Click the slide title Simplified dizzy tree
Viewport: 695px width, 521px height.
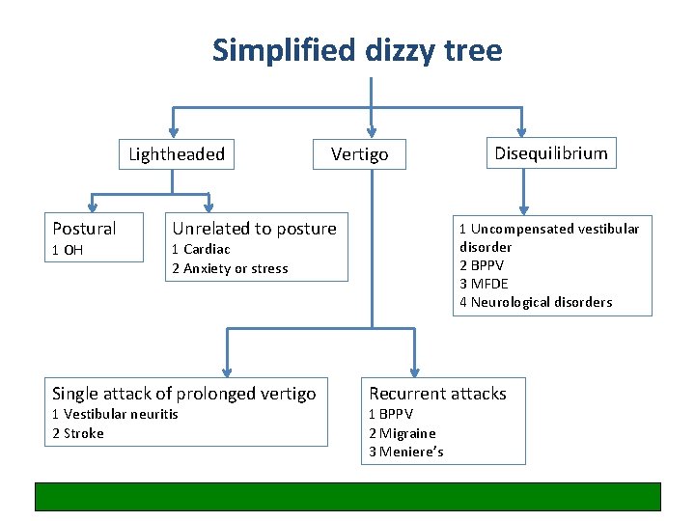(x=357, y=49)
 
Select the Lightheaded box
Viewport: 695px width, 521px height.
(x=177, y=154)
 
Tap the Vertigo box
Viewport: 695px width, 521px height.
(x=359, y=154)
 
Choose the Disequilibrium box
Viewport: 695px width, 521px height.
(x=551, y=153)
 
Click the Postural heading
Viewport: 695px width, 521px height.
(x=84, y=229)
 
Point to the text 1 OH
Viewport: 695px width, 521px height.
(x=69, y=250)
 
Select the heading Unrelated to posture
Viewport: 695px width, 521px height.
(x=254, y=229)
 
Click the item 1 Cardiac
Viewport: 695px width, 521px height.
(x=201, y=250)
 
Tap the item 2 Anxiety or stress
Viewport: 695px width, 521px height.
(x=230, y=269)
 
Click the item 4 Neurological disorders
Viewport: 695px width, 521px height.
(x=536, y=302)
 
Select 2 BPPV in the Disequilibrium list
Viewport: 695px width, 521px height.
(x=482, y=265)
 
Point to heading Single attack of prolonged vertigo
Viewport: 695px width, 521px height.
(x=183, y=394)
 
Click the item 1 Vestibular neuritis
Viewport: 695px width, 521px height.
(x=115, y=414)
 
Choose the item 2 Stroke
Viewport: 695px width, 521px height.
(x=77, y=433)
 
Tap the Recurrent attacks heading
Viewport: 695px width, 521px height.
(x=437, y=394)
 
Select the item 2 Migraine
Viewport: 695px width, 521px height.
(x=403, y=433)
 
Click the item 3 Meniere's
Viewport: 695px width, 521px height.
(x=406, y=452)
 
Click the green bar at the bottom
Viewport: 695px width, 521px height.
(x=347, y=496)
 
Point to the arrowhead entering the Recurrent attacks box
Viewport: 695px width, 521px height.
(x=414, y=370)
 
